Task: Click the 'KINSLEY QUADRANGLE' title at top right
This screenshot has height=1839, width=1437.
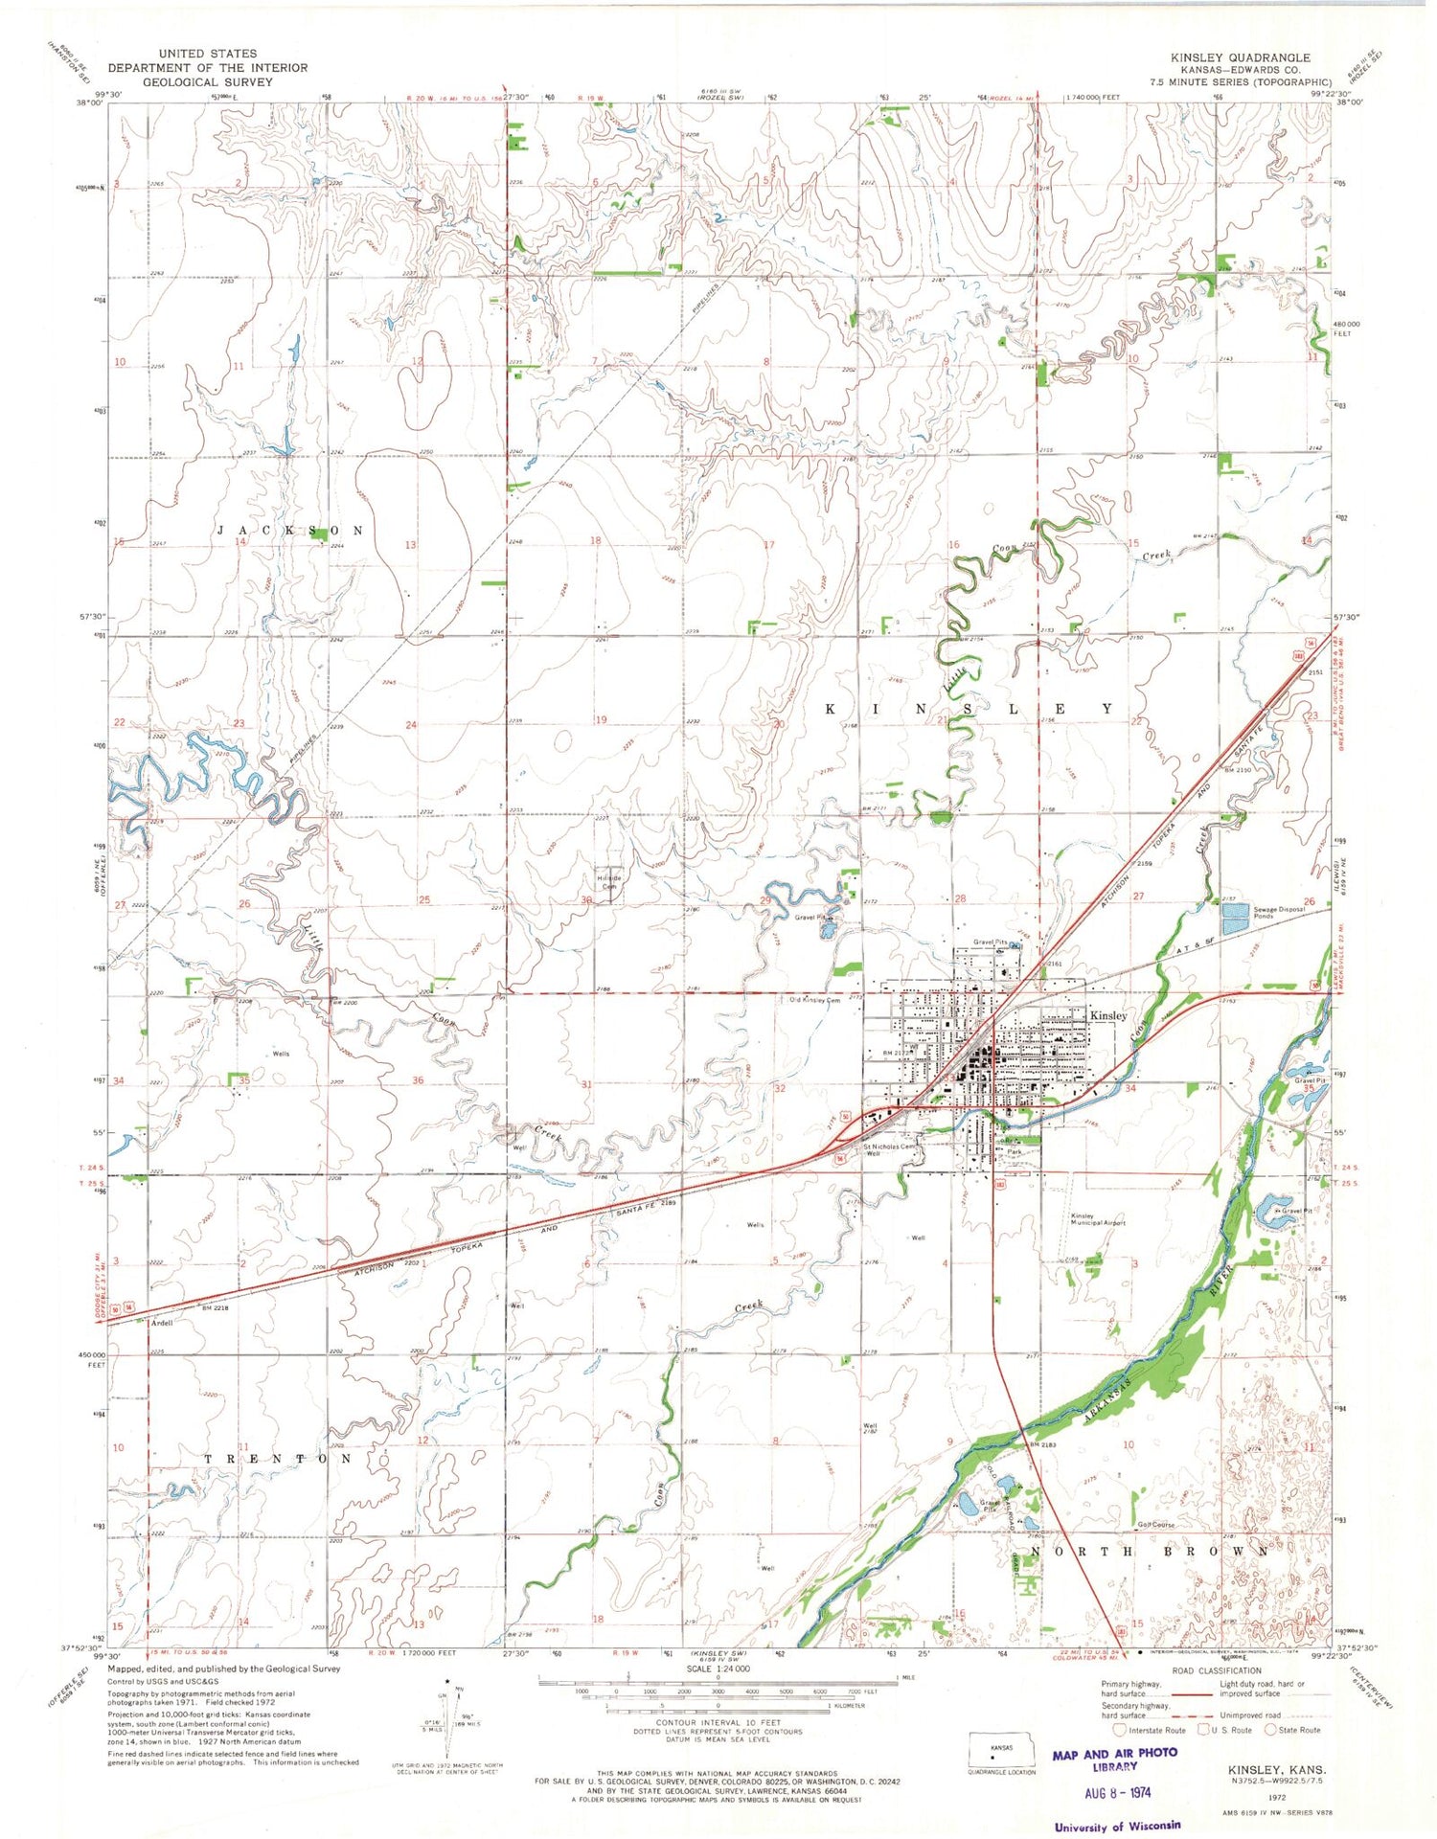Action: point(1240,57)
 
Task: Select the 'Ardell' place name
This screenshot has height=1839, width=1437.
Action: point(162,1323)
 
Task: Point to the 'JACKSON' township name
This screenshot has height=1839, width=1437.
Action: point(289,531)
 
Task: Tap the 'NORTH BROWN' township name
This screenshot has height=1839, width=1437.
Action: point(1150,1551)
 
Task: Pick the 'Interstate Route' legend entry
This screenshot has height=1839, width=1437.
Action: point(1153,1730)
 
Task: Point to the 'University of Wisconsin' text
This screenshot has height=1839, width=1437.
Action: point(1117,1827)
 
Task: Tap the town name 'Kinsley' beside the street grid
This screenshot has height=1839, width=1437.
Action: point(1107,1015)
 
